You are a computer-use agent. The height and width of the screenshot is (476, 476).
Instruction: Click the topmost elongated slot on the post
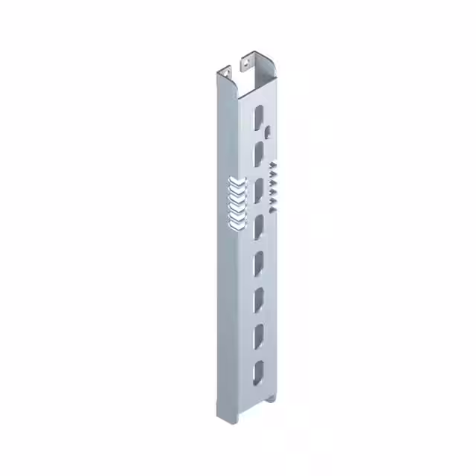coord(258,116)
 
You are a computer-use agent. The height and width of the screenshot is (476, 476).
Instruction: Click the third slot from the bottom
coord(258,299)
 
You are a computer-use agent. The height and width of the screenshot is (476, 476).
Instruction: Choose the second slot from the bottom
coord(258,336)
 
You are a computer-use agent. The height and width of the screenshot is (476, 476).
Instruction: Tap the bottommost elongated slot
coord(258,372)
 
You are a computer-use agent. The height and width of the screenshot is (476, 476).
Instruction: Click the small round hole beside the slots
coord(266,133)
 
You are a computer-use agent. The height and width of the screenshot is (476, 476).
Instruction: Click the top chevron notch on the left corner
coord(234,181)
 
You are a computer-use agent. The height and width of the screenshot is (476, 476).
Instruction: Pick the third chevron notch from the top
coord(234,199)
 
